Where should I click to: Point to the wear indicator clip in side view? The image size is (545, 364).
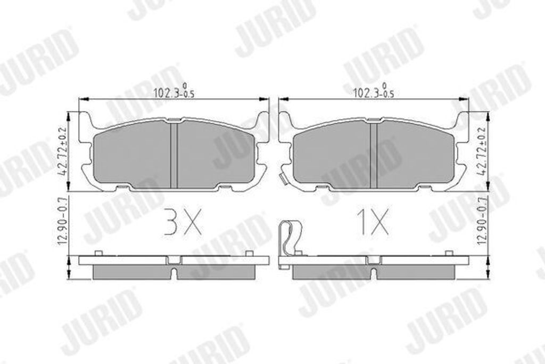[290, 239]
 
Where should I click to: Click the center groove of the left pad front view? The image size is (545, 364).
[174, 155]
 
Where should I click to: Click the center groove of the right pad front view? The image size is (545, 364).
[374, 155]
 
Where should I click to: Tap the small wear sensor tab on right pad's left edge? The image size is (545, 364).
[283, 179]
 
